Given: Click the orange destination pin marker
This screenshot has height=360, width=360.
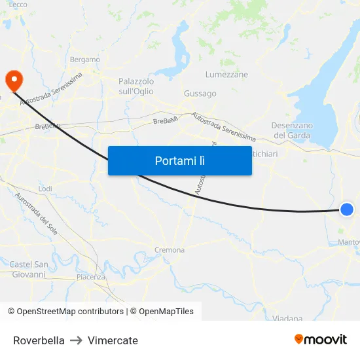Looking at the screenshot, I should click(x=13, y=81).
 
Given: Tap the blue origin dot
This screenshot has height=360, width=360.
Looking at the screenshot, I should click(x=347, y=209).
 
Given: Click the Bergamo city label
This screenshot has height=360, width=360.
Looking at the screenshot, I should click(x=84, y=60).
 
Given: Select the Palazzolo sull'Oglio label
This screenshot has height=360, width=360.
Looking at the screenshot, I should click(x=136, y=86).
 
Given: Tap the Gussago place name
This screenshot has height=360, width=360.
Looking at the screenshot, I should click(x=200, y=94).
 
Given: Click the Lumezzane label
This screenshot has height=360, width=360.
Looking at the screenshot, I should click(x=226, y=75).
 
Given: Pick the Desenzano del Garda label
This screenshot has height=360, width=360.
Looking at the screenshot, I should click(x=292, y=130).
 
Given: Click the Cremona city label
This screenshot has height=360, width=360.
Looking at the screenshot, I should click(x=170, y=250).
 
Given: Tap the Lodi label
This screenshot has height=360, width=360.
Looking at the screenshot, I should click(x=45, y=189).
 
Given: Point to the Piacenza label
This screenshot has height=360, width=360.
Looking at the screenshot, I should click(x=90, y=277).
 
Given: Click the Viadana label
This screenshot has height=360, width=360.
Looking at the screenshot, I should click(x=287, y=318).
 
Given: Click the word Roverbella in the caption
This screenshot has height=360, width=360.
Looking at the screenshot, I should click(x=39, y=340).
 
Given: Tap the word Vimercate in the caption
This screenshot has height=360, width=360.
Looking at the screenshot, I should click(x=113, y=340).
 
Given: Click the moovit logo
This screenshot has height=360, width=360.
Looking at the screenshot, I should click(x=320, y=339).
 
